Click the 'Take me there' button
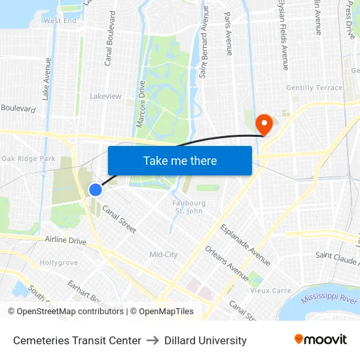tap(180, 161)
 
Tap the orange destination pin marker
tap(264, 123)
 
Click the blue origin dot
tap(96, 190)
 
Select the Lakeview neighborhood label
tap(105, 96)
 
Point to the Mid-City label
tap(164, 255)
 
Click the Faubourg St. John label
tap(189, 207)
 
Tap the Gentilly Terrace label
tap(314, 88)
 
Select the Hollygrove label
tap(59, 262)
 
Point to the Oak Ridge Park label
tap(28, 158)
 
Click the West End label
tap(60, 21)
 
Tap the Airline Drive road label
tap(65, 241)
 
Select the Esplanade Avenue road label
tap(245, 240)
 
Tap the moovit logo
tap(321, 340)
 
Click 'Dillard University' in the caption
tap(206, 340)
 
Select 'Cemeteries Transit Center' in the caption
tap(77, 340)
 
